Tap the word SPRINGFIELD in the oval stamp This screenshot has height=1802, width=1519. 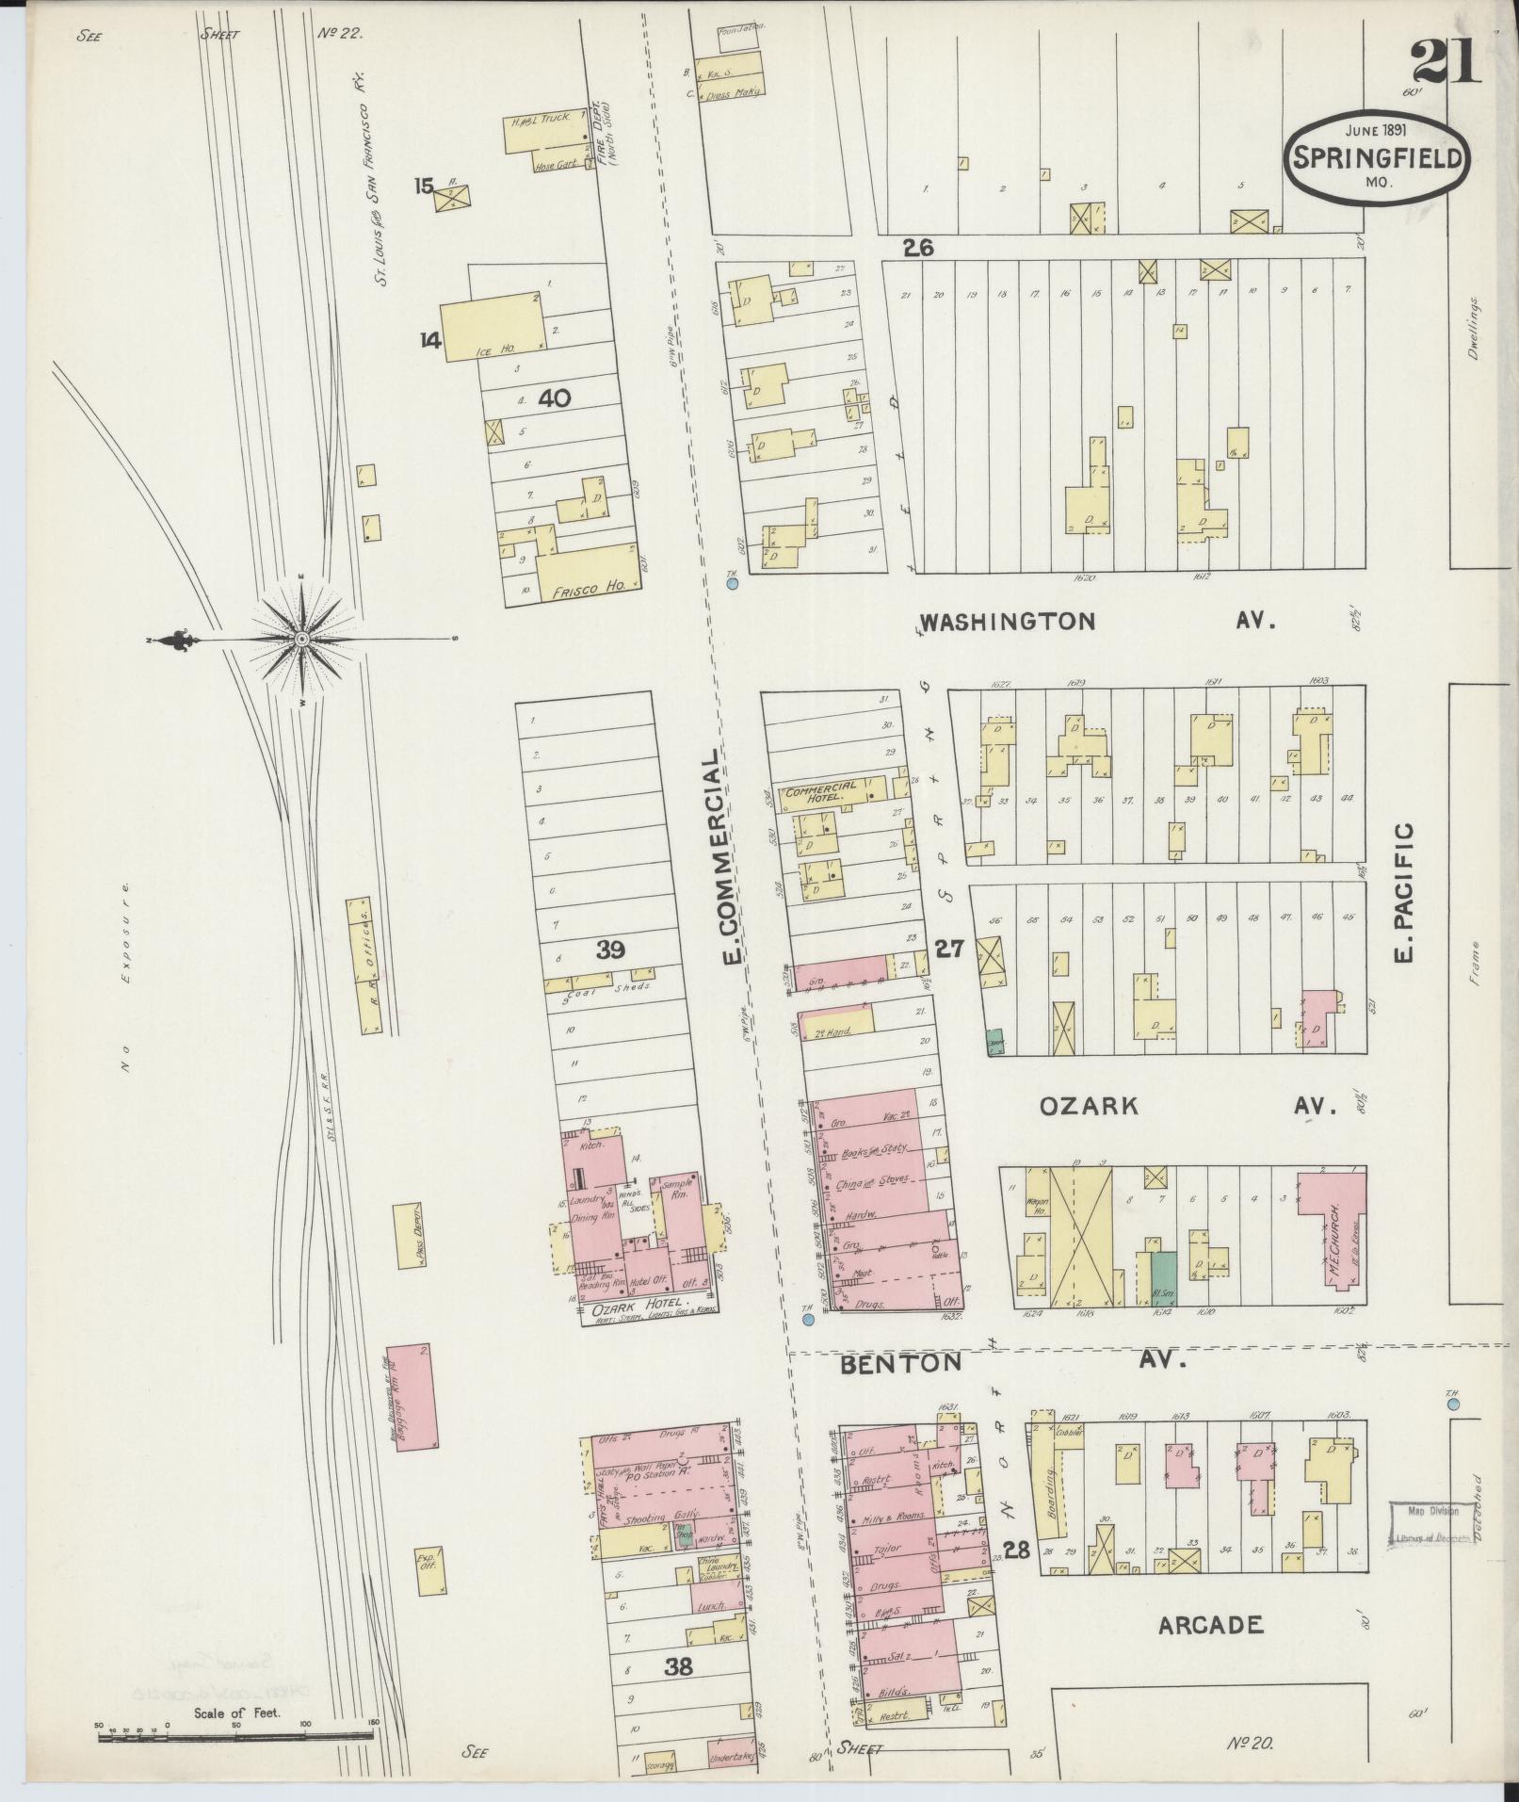pyautogui.click(x=1375, y=157)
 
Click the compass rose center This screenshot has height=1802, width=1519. pyautogui.click(x=301, y=640)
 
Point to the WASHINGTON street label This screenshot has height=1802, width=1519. pyautogui.click(x=1008, y=622)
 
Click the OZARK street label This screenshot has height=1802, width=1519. pyautogui.click(x=1089, y=1106)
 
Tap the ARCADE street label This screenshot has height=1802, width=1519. pyautogui.click(x=1210, y=1623)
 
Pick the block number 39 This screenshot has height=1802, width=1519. pyautogui.click(x=610, y=950)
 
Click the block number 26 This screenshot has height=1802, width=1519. pyautogui.click(x=917, y=249)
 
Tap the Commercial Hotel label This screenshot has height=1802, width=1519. pyautogui.click(x=821, y=789)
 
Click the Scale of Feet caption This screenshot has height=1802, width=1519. pyautogui.click(x=237, y=1712)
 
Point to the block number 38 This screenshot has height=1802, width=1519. pyautogui.click(x=679, y=1665)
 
